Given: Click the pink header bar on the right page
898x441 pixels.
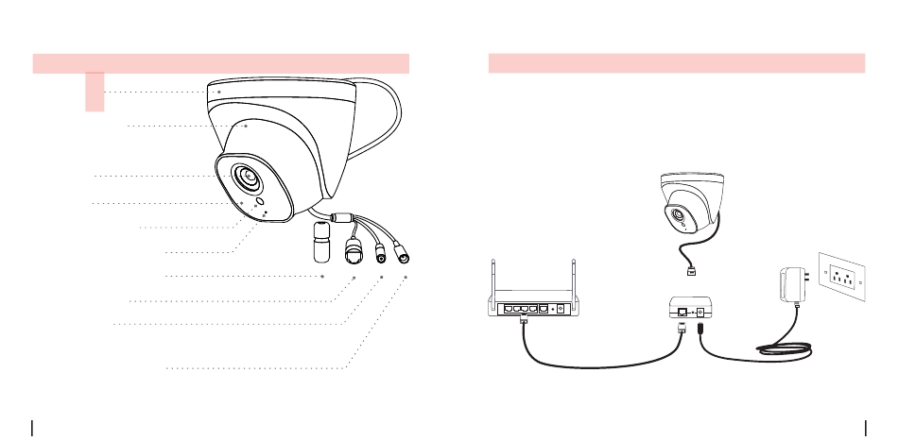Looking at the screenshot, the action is [x=676, y=63].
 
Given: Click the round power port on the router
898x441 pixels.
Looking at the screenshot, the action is [x=561, y=307].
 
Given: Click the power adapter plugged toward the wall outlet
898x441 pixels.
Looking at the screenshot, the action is [x=788, y=283].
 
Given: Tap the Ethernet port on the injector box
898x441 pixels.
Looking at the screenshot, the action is [x=682, y=311].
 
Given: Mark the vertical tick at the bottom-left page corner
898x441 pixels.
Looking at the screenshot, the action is [x=33, y=429].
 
